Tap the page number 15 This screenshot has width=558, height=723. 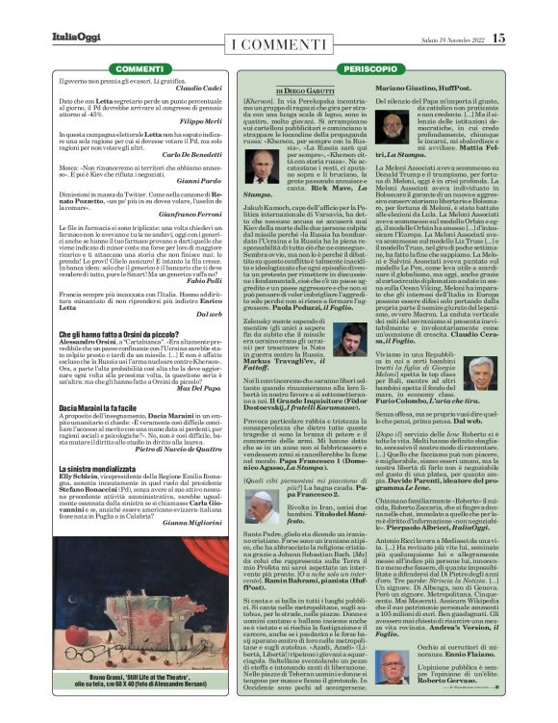click(497, 39)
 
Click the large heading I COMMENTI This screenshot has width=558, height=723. click(279, 45)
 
